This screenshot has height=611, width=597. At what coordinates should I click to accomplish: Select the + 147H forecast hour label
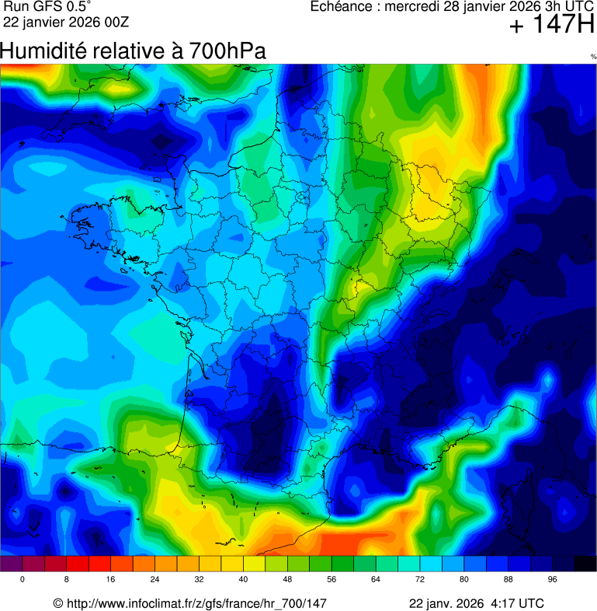click(551, 26)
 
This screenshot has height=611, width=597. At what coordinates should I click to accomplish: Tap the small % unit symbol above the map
click(593, 57)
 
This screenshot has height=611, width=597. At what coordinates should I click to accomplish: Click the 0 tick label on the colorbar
click(23, 580)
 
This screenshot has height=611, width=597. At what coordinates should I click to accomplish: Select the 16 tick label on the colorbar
click(111, 580)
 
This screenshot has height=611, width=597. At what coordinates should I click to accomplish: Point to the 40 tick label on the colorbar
click(243, 580)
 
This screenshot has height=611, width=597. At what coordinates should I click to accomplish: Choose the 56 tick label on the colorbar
click(331, 580)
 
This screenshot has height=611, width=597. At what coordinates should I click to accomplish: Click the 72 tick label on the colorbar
click(420, 580)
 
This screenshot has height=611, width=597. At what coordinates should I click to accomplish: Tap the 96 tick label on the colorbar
click(552, 580)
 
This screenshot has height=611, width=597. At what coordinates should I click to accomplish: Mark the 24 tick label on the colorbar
click(155, 580)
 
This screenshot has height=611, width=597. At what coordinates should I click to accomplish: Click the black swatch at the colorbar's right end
click(585, 564)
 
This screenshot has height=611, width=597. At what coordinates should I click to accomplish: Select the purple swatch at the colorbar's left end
click(12, 564)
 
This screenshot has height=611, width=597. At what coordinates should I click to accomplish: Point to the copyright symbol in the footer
click(57, 603)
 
